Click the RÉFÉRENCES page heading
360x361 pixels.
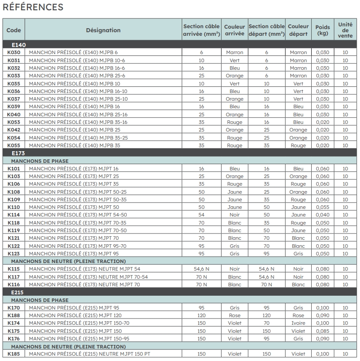point(33,8)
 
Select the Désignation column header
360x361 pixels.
point(103,30)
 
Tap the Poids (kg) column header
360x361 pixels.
point(322,30)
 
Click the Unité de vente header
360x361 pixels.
point(345,30)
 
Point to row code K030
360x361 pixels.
point(14,52)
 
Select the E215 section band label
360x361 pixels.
point(18,292)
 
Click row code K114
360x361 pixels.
point(14,215)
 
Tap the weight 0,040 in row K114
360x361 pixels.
point(322,215)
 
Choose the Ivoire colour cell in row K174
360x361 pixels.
point(298,323)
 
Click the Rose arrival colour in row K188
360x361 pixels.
point(234,315)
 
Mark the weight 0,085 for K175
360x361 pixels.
point(322,331)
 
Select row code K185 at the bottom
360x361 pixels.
point(14,354)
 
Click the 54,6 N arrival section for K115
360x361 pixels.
point(201,269)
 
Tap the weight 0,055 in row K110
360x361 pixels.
point(322,207)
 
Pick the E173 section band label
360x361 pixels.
point(18,153)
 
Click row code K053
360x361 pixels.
point(14,122)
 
